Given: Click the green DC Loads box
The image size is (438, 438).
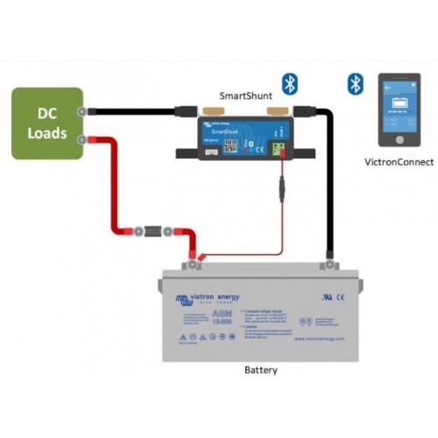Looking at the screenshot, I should [47, 123].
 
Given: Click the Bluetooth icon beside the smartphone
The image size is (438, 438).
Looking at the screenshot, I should [355, 83].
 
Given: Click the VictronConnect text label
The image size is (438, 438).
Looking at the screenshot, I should [399, 162].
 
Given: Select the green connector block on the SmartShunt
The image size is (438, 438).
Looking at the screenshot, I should [281, 149].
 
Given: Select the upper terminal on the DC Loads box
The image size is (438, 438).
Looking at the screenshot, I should [82, 111].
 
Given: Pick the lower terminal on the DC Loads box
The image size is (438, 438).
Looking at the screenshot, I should [82, 138].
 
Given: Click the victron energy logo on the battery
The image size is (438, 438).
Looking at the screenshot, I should [208, 297].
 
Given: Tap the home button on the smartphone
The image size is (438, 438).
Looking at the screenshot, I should [399, 139].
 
